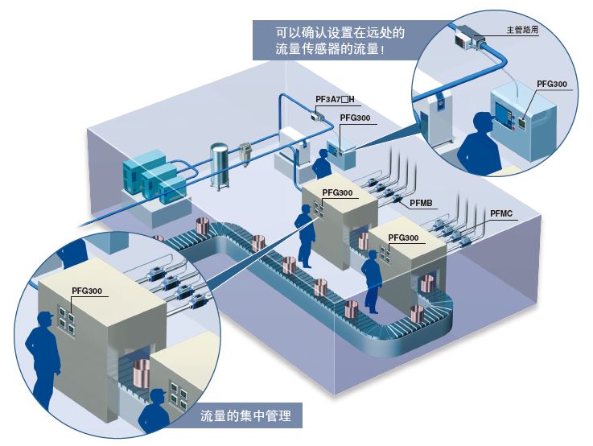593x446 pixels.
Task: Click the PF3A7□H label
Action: [335, 100]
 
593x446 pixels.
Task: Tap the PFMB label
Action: [421, 203]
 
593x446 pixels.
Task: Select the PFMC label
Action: [501, 213]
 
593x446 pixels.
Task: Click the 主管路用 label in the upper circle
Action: [522, 30]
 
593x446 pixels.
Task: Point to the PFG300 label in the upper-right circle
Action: [552, 84]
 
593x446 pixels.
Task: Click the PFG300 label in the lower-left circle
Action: [87, 291]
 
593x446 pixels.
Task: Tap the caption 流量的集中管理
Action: [246, 416]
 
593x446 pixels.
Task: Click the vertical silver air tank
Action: [219, 166]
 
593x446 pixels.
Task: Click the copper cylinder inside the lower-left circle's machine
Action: [142, 373]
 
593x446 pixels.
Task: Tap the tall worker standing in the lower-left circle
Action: [43, 361]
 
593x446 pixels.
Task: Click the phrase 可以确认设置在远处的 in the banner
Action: [340, 32]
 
